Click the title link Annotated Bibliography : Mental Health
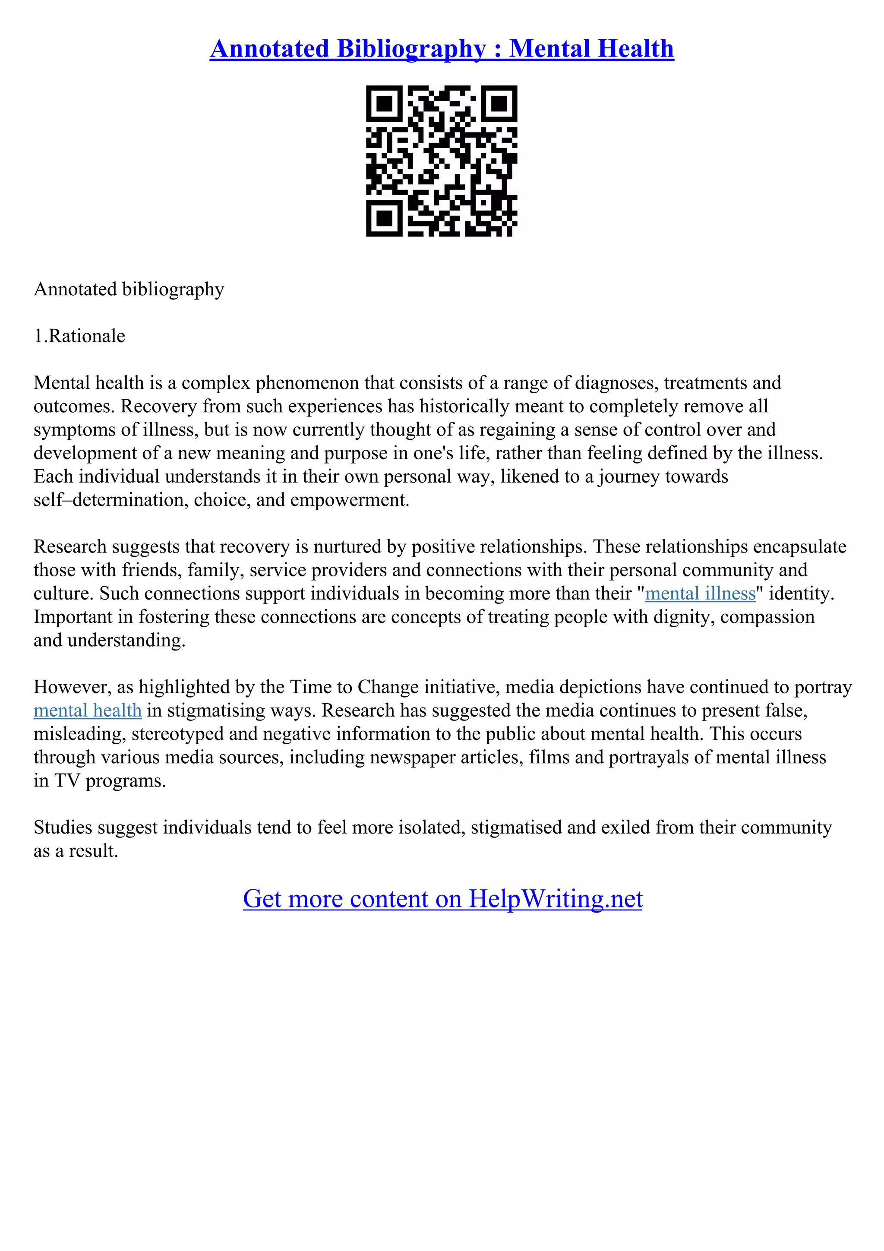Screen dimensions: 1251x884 pos(442,49)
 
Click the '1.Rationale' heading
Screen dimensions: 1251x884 pos(79,336)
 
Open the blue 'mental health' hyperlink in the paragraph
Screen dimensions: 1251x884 pos(88,711)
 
